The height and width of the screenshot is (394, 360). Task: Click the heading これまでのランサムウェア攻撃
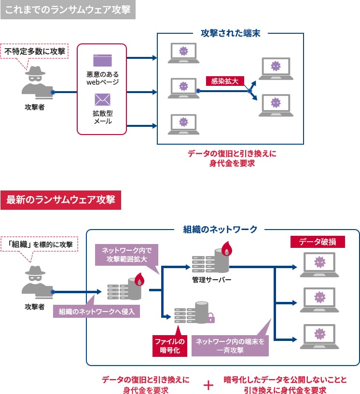click(68, 10)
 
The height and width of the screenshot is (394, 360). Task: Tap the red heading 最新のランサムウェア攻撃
click(61, 201)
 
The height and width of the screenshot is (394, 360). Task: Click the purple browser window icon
click(102, 60)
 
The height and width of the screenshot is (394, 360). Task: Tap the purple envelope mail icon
click(102, 100)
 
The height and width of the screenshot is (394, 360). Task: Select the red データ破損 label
click(318, 242)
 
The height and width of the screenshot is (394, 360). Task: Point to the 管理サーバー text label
click(212, 280)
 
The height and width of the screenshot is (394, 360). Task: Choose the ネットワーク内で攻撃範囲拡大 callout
click(126, 255)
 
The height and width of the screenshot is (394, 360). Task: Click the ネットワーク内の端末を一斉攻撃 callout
click(230, 346)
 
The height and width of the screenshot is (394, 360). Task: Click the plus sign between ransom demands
click(208, 385)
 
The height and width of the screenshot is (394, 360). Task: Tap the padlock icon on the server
click(210, 317)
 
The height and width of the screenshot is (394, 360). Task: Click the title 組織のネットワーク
click(220, 230)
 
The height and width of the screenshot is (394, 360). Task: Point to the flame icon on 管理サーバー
click(226, 250)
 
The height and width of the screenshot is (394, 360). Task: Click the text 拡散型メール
click(102, 117)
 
